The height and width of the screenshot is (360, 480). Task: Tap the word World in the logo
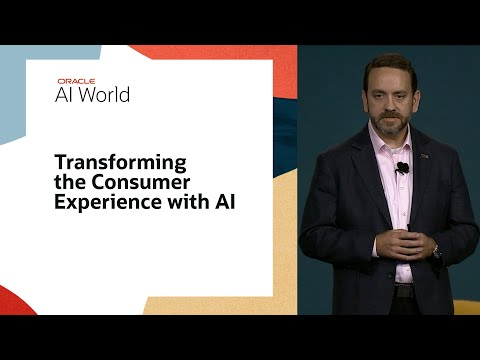(107, 94)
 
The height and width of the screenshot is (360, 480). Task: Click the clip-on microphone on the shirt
(402, 168)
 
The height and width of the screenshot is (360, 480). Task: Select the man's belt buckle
(401, 290)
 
